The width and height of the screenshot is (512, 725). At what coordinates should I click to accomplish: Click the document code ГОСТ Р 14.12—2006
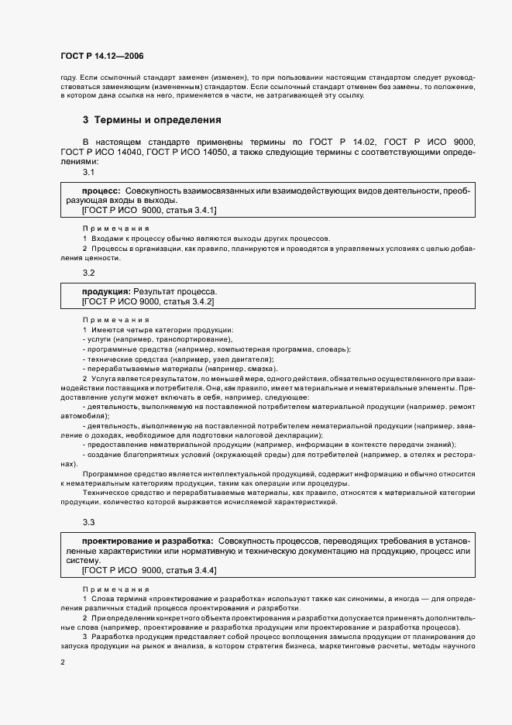[101, 56]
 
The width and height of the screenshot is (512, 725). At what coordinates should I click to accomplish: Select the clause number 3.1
[89, 172]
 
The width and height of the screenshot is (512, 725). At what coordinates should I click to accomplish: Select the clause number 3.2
[89, 273]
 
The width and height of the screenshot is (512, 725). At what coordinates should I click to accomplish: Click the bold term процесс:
[101, 191]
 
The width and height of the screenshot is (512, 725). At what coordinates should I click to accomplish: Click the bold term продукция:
[106, 291]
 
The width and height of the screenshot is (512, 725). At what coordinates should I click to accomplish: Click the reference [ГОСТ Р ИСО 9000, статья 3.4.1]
[149, 210]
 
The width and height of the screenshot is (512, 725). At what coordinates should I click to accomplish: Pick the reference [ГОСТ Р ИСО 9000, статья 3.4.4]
[149, 570]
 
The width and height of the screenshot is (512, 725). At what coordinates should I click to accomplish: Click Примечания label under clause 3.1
[115, 228]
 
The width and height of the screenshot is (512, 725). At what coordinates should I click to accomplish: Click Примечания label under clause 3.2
[115, 320]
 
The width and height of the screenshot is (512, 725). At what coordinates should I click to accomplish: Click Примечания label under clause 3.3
[115, 589]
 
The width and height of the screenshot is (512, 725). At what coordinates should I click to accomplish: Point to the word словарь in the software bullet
[332, 349]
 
